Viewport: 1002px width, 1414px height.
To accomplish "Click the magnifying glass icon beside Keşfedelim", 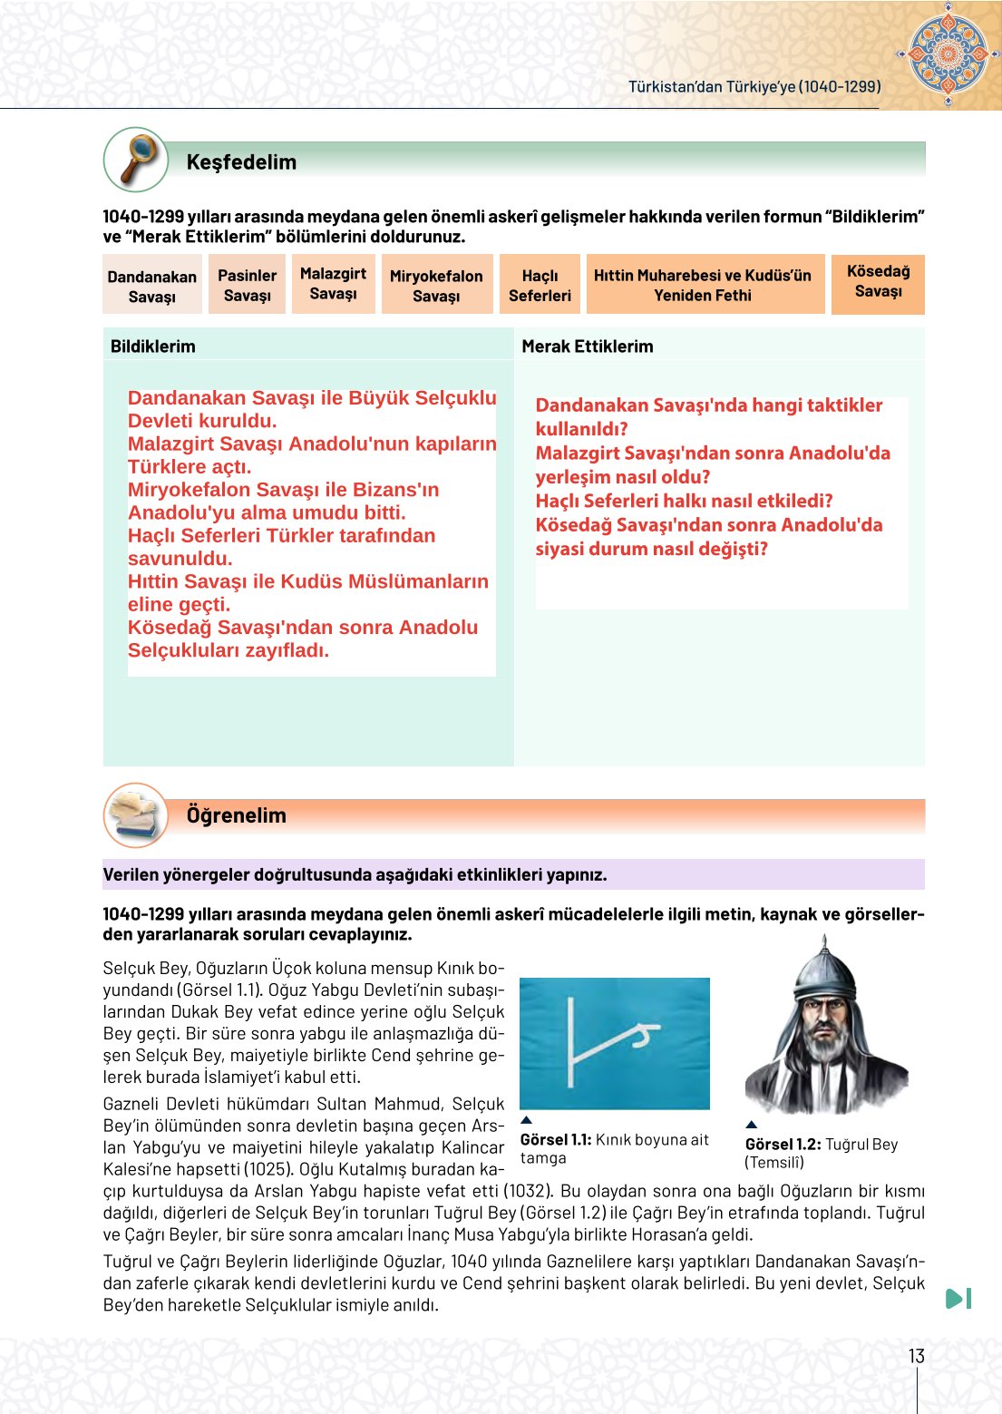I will [136, 160].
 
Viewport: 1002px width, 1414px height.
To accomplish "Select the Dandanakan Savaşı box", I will [151, 286].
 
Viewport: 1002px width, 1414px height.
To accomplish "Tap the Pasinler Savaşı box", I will [247, 285].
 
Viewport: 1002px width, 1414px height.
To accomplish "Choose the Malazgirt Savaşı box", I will [333, 283].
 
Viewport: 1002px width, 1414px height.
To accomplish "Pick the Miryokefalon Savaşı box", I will [436, 285].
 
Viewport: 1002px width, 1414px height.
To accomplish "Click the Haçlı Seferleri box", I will [540, 285].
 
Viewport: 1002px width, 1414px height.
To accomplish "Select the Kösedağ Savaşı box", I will [878, 281].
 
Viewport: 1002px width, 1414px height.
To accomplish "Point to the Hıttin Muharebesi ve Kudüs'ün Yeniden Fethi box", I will [702, 285].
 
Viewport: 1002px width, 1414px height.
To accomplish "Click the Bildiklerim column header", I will [153, 346].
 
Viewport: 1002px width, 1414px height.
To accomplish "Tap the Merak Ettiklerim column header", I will [587, 346].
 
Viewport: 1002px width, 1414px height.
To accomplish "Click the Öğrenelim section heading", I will [236, 815].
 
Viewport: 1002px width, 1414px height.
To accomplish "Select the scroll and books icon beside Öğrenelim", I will [136, 814].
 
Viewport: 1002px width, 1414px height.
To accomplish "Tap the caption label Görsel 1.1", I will [556, 1140].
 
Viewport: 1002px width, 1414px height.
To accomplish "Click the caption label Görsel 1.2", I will [783, 1145].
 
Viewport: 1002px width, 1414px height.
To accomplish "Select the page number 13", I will [916, 1356].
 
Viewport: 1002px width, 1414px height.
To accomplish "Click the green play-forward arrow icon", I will [958, 1299].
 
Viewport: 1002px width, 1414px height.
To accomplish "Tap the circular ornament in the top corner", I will [948, 54].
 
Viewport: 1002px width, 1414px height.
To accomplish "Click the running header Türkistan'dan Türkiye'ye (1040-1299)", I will [754, 86].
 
